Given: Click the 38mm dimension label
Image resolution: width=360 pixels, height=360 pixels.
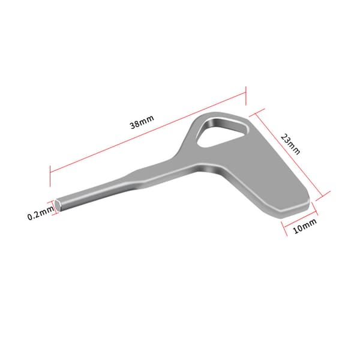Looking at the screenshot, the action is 142,122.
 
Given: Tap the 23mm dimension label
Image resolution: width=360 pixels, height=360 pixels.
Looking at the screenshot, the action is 290,144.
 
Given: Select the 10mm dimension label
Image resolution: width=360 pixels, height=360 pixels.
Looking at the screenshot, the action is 305,226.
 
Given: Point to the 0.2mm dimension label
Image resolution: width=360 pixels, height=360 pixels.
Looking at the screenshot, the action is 41,213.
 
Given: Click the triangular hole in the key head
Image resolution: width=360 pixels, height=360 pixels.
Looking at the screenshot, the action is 219,133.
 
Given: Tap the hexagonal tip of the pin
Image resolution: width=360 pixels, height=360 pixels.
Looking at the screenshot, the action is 58,205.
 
